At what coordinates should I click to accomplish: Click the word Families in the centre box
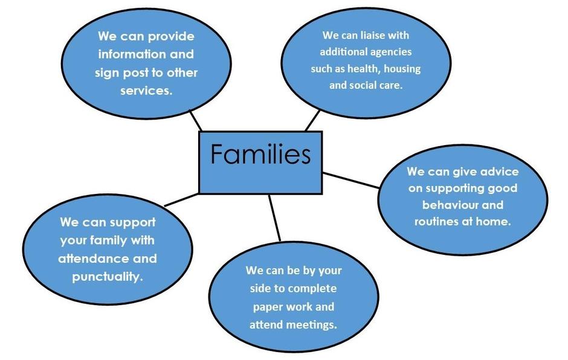[260, 155]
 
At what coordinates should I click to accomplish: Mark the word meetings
[311, 324]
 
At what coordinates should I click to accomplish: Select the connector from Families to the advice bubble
[352, 179]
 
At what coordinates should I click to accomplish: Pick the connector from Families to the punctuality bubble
[181, 200]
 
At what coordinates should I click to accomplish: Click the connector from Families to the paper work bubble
[275, 217]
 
